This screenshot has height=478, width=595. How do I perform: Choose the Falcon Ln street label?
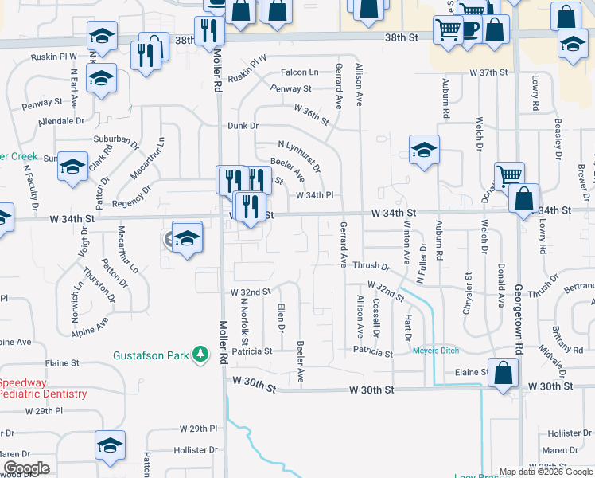point(299,72)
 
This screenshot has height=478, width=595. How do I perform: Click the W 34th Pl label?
point(314,195)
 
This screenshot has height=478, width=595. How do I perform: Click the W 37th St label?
point(488,72)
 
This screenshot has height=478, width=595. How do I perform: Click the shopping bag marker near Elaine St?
point(503,373)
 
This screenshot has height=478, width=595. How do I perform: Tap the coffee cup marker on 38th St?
point(470,29)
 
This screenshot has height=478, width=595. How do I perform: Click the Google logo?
point(26,468)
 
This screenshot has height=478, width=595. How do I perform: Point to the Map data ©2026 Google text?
point(546,472)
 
